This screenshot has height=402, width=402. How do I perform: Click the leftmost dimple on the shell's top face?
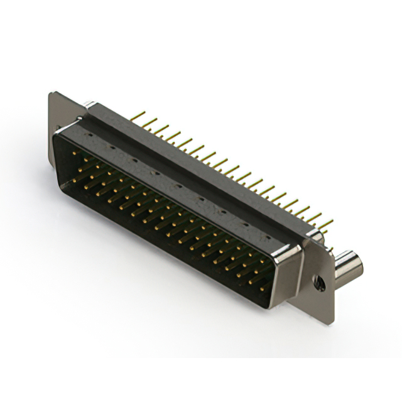click(x=92, y=134)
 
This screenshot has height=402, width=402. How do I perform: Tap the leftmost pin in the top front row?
click(x=74, y=153)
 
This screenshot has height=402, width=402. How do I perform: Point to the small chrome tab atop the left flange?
click(x=89, y=105)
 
